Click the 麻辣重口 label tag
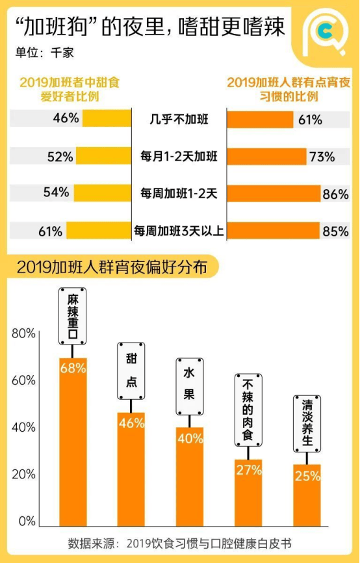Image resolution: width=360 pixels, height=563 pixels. [73, 317]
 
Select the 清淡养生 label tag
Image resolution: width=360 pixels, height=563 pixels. [307, 424]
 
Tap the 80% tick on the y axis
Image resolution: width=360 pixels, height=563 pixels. [23, 334]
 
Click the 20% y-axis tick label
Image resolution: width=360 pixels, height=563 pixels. [23, 475]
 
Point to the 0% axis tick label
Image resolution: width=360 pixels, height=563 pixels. [27, 521]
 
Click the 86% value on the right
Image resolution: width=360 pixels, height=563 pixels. [337, 193]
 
